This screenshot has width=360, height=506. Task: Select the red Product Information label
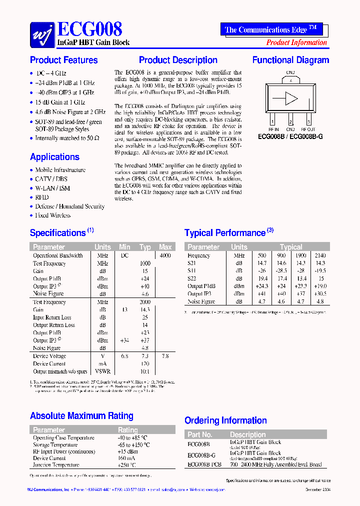click(296, 42)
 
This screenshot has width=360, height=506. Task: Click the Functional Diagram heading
click(290, 60)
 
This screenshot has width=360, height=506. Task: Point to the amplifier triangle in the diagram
click(291, 98)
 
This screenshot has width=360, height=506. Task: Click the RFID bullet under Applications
click(42, 197)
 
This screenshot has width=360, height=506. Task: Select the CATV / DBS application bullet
click(51, 179)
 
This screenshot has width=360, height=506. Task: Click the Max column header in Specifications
click(165, 247)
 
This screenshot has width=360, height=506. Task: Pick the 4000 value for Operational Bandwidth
click(165, 255)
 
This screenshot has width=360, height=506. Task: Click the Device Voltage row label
click(49, 356)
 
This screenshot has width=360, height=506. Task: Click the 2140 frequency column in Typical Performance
click(320, 255)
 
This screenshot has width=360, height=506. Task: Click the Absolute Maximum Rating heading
click(81, 416)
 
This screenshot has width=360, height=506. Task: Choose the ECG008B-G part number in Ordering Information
click(201, 455)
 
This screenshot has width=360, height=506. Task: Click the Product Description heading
click(178, 60)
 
